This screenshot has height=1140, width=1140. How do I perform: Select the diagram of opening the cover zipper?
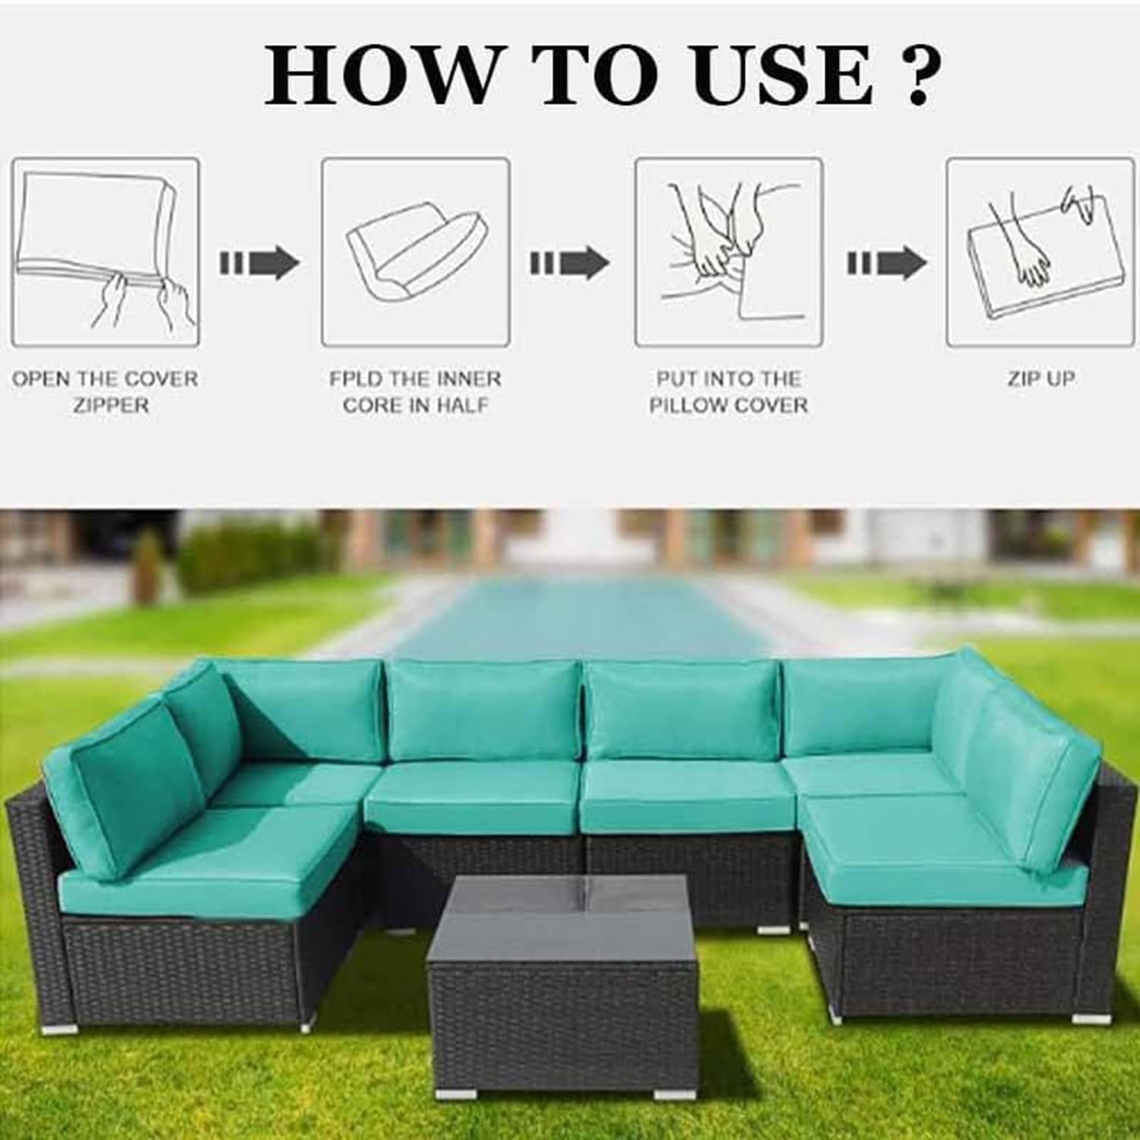105,252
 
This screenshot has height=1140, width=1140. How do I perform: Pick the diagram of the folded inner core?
415,252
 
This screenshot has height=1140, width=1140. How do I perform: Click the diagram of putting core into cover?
729,252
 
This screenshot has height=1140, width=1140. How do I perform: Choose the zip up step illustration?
1040,252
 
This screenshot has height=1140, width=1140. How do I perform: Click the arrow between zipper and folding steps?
260,263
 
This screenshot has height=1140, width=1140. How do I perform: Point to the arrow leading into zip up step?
887,263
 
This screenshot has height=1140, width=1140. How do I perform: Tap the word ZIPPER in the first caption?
111,405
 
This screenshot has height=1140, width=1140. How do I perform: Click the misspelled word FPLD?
356,378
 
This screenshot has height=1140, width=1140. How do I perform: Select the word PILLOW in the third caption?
686,405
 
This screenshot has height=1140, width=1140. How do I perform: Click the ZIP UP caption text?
1040,378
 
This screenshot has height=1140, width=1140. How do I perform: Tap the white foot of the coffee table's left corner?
463,1095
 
